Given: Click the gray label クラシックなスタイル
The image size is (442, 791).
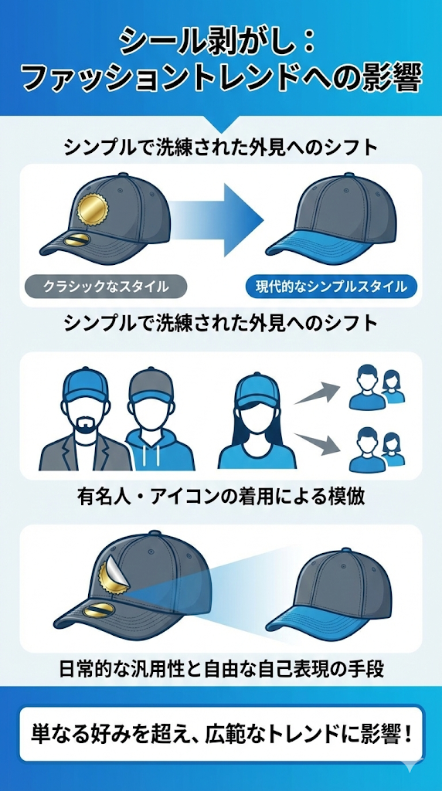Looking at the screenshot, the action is tap(106, 287).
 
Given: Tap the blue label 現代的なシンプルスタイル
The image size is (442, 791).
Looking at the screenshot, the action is tap(331, 287).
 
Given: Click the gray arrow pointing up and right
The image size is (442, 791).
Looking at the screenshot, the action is tap(317, 393).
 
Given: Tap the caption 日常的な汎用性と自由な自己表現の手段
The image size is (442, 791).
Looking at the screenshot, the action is tap(221, 669).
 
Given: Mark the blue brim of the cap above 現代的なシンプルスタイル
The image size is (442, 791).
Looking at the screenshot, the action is tap(328, 248).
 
